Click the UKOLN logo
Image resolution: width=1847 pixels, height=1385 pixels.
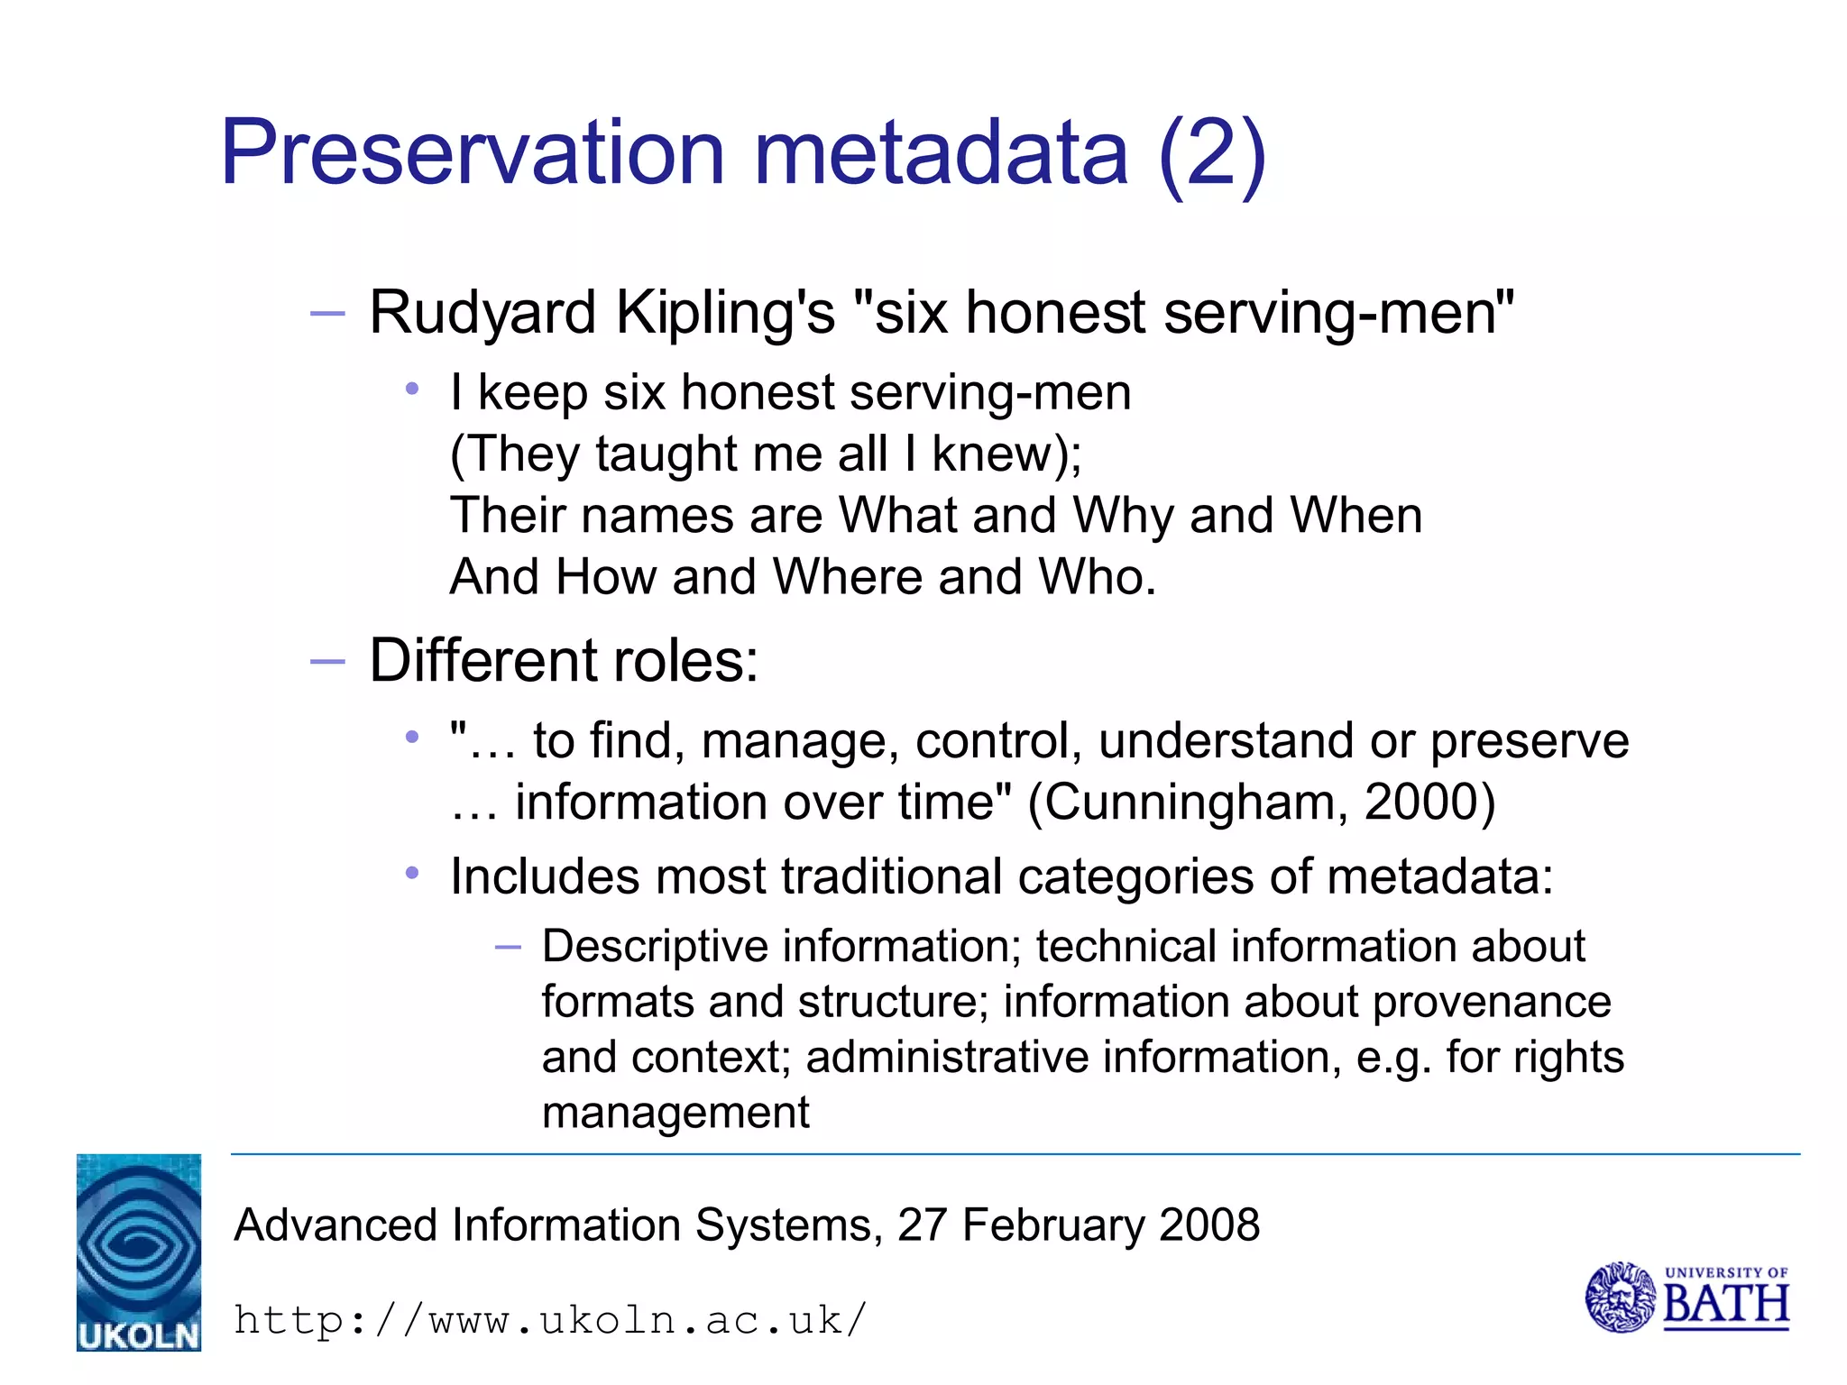(x=139, y=1252)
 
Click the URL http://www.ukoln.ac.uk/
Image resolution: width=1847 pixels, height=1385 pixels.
(x=550, y=1321)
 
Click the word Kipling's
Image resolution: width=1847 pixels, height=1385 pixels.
(x=725, y=314)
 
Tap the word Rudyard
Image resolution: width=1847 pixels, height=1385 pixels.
(x=482, y=314)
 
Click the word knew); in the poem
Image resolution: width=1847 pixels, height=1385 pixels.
(x=1006, y=454)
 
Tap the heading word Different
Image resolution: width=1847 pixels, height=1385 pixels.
(x=483, y=661)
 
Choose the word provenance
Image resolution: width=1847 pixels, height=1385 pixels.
(x=1492, y=1002)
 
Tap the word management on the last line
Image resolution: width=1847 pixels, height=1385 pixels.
(x=675, y=1113)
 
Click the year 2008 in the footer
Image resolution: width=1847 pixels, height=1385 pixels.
(x=1208, y=1225)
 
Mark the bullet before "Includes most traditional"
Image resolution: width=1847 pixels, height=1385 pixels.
(x=413, y=873)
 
